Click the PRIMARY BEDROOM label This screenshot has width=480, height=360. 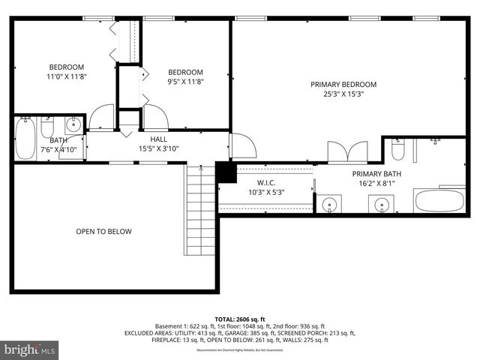click(343, 85)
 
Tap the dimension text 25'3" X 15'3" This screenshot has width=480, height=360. click(343, 94)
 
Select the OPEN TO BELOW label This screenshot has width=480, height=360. click(103, 232)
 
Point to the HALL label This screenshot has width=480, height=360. click(158, 139)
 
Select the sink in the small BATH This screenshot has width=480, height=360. click(73, 124)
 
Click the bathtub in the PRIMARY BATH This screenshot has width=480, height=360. click(439, 202)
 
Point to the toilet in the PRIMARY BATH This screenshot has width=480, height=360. click(397, 150)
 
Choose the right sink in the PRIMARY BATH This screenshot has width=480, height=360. click(382, 204)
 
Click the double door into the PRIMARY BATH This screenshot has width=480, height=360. click(346, 151)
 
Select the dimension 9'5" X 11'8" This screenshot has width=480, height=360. click(185, 82)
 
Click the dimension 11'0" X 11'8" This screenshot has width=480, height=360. click(67, 76)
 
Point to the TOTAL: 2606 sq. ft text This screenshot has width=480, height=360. click(239, 319)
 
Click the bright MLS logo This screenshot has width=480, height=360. click(30, 349)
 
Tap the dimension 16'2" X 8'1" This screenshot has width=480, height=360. click(376, 183)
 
